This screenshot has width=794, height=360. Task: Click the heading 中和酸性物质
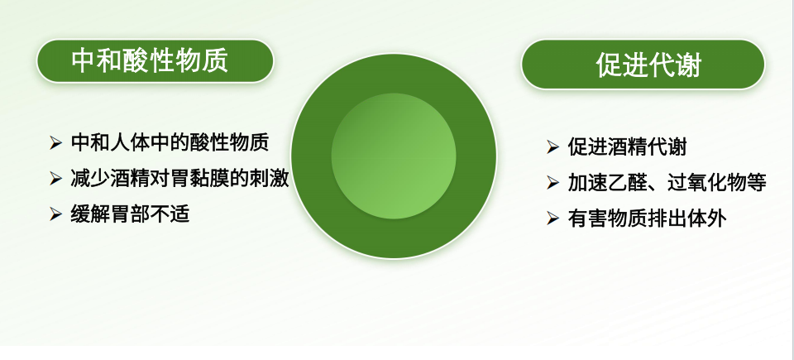[150, 60]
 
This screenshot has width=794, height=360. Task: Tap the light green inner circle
[395, 156]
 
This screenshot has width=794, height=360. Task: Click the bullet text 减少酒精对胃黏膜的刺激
[179, 178]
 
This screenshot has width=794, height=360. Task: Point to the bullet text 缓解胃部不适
[130, 214]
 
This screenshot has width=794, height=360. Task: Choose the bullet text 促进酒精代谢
[627, 147]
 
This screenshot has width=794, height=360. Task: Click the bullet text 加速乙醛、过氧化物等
[667, 183]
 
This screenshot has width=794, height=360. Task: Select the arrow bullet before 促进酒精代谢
[552, 148]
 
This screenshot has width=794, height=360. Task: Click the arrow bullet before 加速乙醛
[552, 184]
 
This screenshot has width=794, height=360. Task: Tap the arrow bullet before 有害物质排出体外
[552, 219]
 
